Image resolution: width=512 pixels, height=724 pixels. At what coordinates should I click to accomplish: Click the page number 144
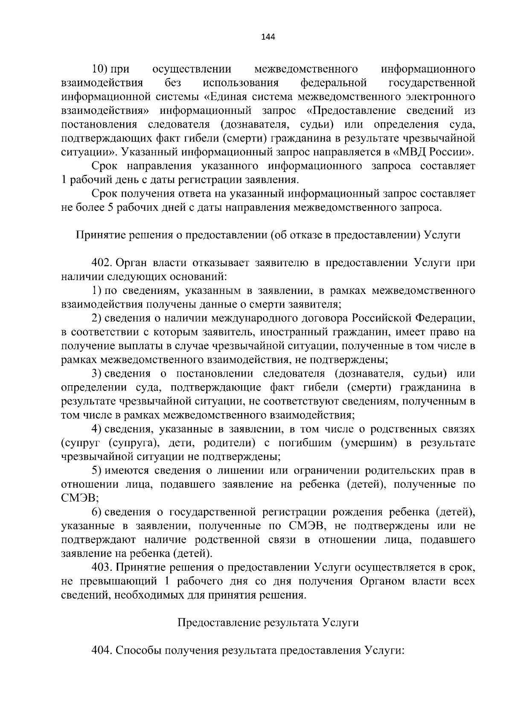pos(268,37)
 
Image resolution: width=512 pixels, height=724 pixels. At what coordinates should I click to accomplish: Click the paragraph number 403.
pos(101,567)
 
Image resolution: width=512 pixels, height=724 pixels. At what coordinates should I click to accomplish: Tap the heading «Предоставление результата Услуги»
pos(268,623)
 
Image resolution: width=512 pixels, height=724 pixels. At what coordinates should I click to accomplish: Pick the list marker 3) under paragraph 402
pos(96,374)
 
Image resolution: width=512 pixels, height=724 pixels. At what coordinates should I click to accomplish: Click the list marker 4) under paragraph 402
pos(96,429)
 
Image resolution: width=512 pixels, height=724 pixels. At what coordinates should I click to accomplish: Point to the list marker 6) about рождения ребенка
pos(96,512)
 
